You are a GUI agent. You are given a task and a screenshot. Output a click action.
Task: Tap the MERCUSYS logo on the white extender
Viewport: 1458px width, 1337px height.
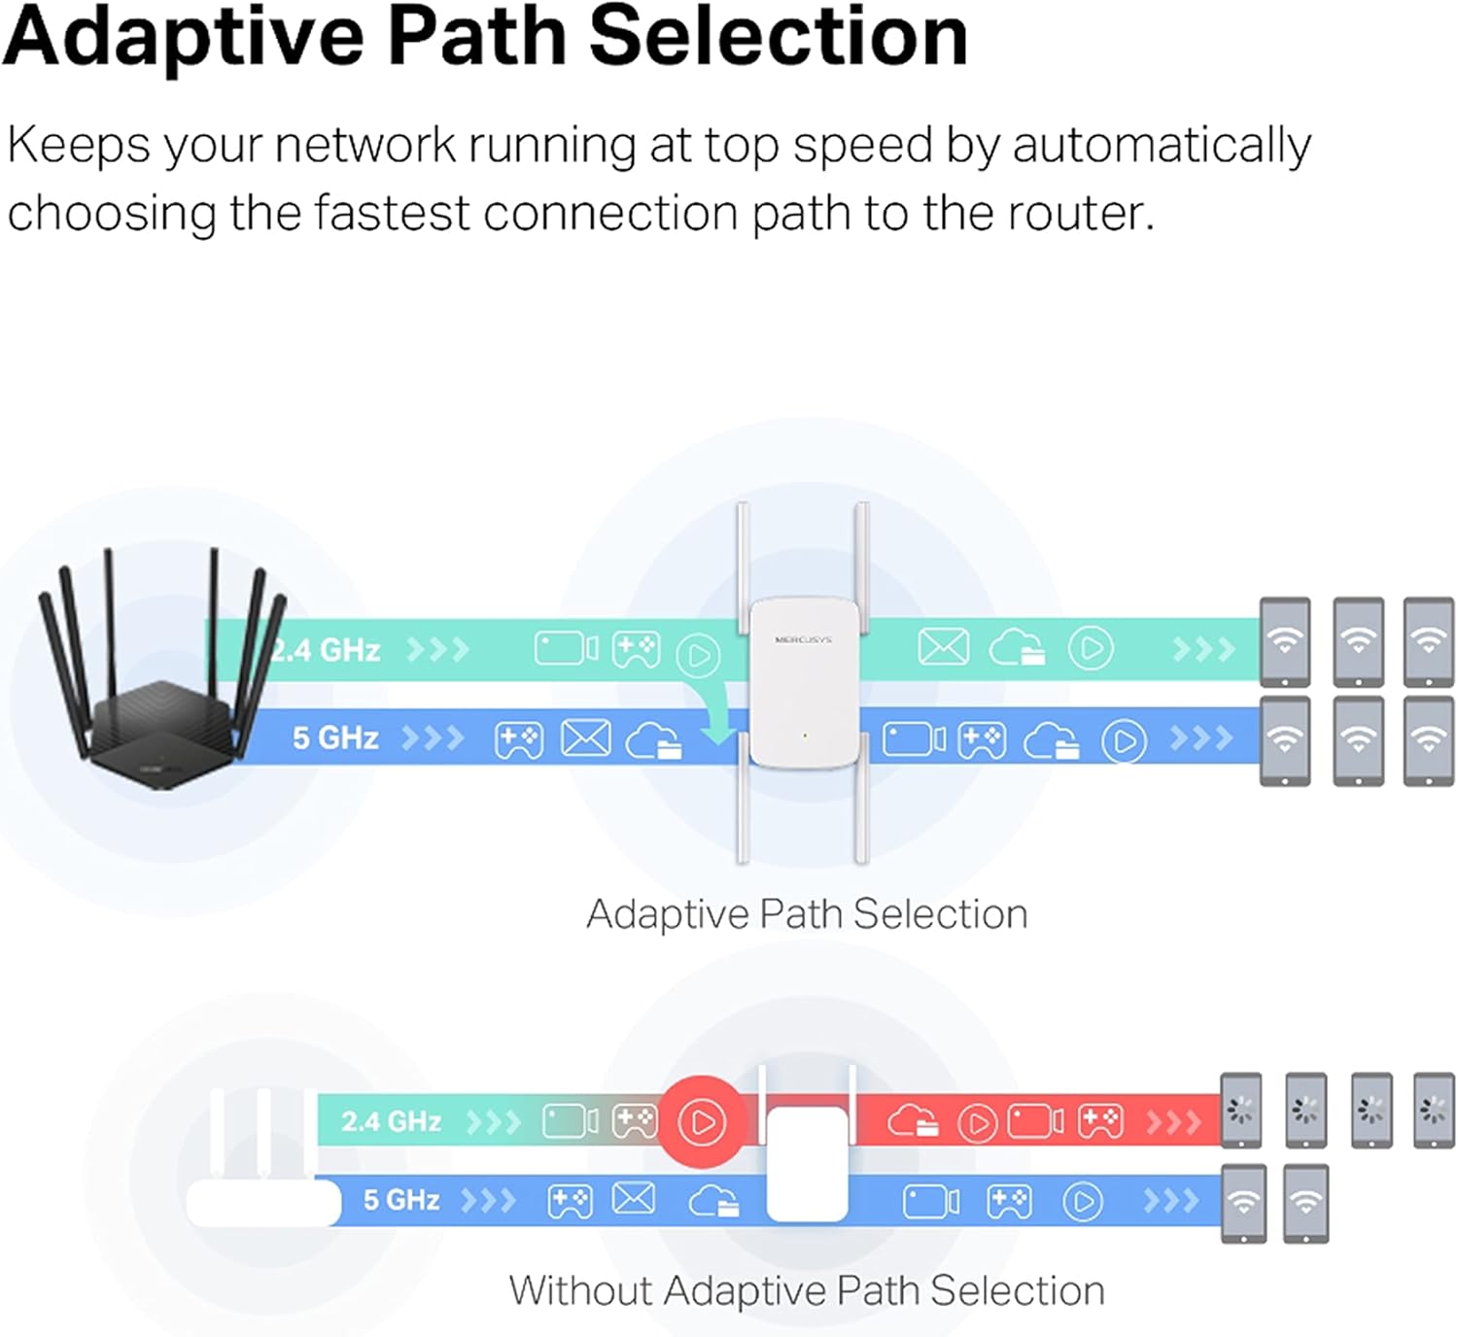coord(803,640)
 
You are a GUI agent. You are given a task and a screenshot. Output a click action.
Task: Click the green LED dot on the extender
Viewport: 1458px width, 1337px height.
coord(805,736)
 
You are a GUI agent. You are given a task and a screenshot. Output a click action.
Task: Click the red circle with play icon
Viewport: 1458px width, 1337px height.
coord(702,1122)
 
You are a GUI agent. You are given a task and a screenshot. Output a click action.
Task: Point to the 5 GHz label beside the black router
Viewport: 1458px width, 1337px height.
coord(335,738)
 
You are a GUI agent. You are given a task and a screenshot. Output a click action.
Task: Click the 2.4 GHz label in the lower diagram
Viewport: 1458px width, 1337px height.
coord(391,1121)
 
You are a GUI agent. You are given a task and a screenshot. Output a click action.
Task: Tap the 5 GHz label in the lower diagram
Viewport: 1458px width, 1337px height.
coord(401,1200)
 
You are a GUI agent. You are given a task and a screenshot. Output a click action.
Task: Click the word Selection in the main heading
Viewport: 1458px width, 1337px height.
coord(779,37)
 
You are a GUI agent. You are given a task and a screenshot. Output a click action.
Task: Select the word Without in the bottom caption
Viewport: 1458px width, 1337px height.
coord(580,1291)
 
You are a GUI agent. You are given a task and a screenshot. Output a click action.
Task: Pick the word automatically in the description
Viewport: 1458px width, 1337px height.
coord(1162,146)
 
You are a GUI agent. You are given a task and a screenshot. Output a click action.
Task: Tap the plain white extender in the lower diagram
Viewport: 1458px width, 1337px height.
coord(807,1161)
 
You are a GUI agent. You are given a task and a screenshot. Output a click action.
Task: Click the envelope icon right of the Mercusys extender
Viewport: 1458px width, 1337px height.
coord(943,647)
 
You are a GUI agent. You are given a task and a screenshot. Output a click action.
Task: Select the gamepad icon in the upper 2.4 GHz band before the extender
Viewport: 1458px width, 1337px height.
coord(636,649)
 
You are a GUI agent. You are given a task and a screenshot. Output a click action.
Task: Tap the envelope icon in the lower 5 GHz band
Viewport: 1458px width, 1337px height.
coord(634,1200)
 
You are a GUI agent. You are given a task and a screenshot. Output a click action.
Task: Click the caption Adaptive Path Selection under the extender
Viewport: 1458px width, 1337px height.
coord(807,914)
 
